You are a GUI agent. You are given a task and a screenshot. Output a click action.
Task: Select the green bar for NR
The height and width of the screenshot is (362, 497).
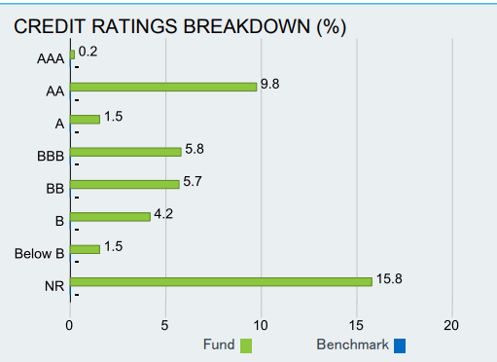pyautogui.click(x=221, y=281)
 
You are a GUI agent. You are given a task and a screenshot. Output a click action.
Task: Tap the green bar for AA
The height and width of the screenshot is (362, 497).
pyautogui.click(x=162, y=87)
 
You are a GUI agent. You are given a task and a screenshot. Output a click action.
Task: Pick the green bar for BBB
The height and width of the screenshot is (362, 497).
pyautogui.click(x=124, y=152)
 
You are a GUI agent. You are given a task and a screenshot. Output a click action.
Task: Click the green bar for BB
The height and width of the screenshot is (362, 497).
pyautogui.click(x=124, y=184)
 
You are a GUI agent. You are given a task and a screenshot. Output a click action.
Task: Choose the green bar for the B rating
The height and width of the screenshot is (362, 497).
pyautogui.click(x=109, y=216)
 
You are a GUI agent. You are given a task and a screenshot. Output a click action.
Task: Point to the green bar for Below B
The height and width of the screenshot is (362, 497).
pyautogui.click(x=84, y=249)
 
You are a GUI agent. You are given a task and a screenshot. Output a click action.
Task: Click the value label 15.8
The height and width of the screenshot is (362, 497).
pyautogui.click(x=390, y=279)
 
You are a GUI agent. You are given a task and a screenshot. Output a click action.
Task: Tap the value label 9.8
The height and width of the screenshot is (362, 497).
pyautogui.click(x=271, y=85)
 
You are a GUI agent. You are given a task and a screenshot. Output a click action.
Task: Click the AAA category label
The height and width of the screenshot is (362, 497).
pyautogui.click(x=50, y=59)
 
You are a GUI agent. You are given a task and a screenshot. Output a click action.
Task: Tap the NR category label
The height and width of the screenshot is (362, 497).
pyautogui.click(x=53, y=287)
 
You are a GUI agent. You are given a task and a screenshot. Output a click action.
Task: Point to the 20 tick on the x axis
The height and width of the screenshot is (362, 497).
pyautogui.click(x=450, y=324)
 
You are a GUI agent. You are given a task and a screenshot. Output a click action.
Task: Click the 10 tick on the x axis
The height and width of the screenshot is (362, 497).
pyautogui.click(x=260, y=324)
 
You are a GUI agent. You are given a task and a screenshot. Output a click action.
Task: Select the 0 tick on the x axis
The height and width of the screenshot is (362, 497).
pyautogui.click(x=69, y=324)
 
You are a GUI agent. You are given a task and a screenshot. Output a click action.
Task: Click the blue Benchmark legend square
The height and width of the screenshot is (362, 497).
pyautogui.click(x=400, y=344)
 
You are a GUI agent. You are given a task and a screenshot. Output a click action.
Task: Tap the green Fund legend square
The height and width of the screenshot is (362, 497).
pyautogui.click(x=245, y=344)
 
